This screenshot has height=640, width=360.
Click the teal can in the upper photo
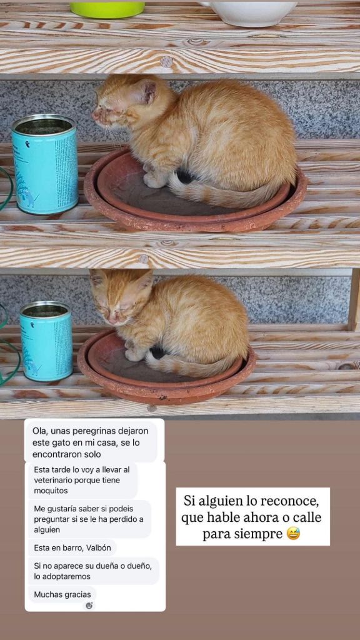[x=44, y=164]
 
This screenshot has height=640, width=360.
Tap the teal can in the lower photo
[x=46, y=341]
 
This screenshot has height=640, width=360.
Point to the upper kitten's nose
[x=95, y=115]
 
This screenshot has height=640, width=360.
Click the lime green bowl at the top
[x=107, y=9]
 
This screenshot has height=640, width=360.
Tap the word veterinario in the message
[x=52, y=481]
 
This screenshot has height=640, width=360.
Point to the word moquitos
[x=51, y=491]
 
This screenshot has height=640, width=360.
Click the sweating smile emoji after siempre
[x=293, y=534]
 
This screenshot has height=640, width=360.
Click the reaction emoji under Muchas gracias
[x=89, y=605]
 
